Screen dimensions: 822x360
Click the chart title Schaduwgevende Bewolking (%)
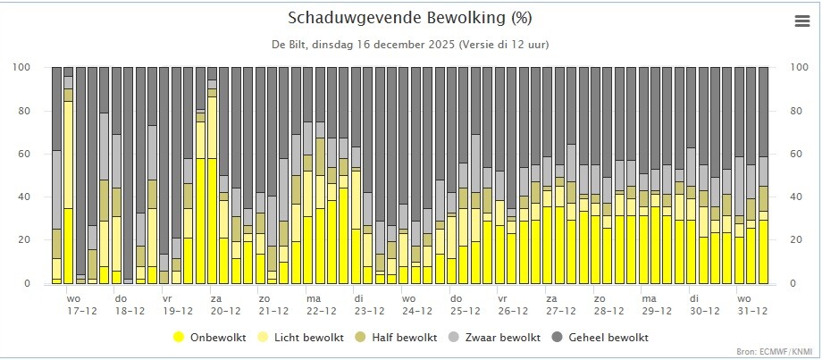[410, 19]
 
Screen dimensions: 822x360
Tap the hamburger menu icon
[802, 21]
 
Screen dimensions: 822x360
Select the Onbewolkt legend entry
[209, 338]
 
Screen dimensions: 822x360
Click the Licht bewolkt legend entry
[301, 338]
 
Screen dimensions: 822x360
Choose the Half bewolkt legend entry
[397, 338]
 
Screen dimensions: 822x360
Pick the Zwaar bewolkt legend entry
[494, 338]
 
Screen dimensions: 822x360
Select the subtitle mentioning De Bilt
[410, 45]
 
